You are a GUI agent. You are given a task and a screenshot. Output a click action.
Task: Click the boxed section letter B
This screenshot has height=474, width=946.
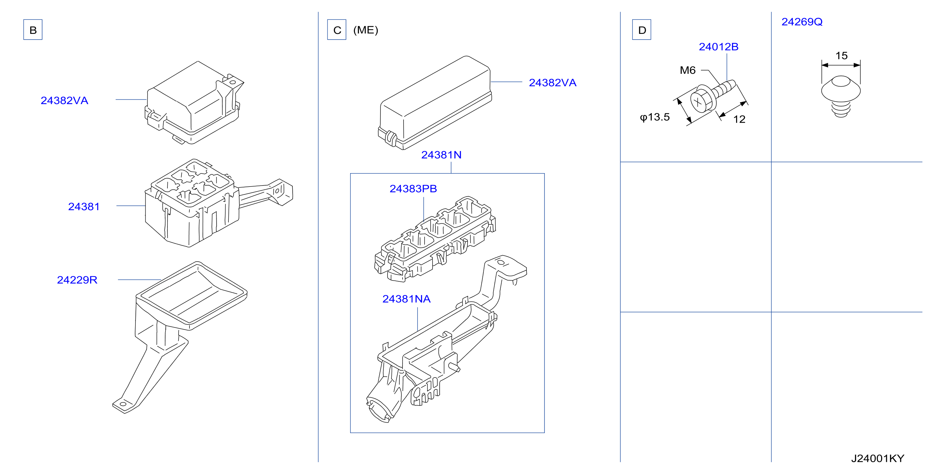[33, 30]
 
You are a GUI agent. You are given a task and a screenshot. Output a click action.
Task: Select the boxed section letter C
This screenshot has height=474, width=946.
[337, 30]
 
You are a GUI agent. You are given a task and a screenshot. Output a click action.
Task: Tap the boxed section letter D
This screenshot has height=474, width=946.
[642, 30]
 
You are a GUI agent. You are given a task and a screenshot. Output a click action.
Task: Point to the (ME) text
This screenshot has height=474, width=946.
[366, 30]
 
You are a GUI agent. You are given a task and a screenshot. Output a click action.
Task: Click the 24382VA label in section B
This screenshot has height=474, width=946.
[64, 101]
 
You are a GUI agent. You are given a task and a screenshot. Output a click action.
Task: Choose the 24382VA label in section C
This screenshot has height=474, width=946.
[553, 83]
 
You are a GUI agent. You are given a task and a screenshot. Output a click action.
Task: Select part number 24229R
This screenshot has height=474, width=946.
[77, 280]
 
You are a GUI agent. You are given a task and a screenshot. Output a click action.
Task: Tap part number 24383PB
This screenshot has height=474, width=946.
[413, 189]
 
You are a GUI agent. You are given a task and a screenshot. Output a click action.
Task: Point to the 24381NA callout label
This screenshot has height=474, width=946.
[406, 299]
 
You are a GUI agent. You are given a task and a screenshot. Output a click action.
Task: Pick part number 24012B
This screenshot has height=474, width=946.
[719, 47]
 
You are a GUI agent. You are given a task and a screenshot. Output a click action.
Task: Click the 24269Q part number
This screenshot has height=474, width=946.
[802, 22]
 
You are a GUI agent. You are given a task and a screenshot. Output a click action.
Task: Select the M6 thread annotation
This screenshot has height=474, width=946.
[688, 70]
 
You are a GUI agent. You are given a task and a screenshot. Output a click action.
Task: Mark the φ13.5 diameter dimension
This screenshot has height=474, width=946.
[655, 117]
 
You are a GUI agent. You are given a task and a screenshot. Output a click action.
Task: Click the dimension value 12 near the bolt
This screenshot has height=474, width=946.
[739, 119]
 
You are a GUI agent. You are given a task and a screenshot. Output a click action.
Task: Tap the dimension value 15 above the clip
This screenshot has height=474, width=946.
[841, 56]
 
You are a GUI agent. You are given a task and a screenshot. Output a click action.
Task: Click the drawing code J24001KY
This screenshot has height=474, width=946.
[878, 458]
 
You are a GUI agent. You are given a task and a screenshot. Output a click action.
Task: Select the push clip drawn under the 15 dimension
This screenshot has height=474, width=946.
[841, 97]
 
